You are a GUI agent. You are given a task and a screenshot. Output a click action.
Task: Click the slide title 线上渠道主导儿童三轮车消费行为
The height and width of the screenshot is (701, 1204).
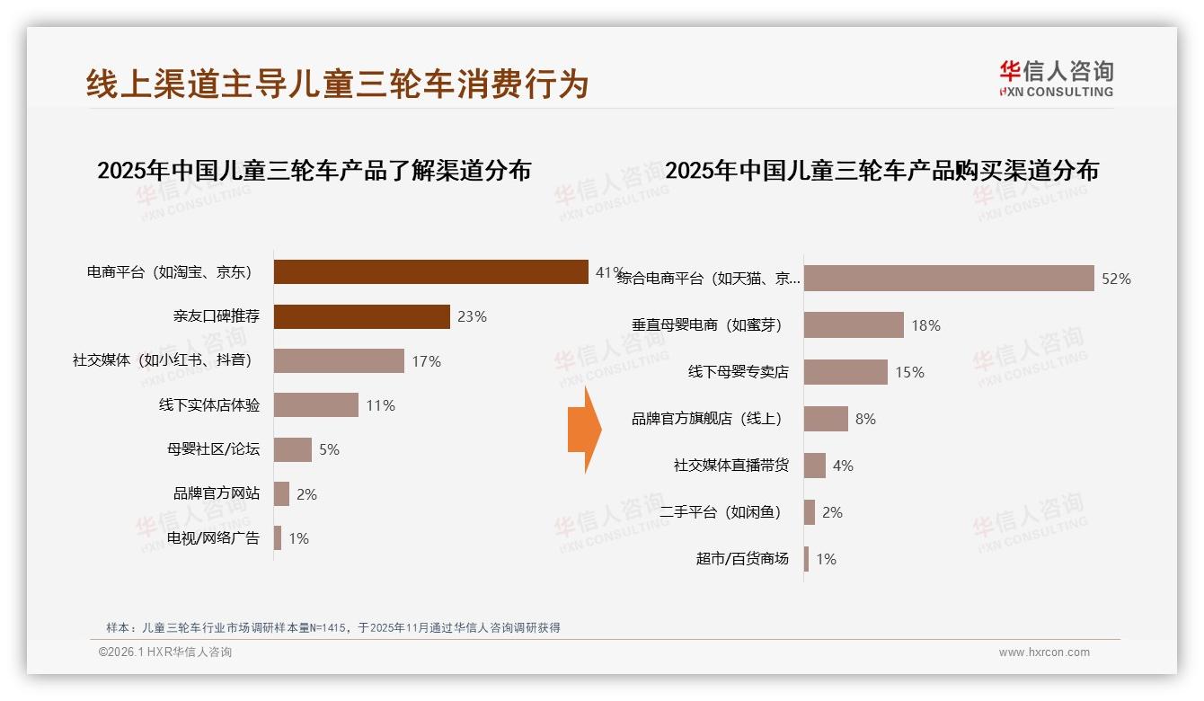[x=338, y=84]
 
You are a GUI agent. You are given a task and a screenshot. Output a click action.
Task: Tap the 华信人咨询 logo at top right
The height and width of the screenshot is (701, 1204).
[x=1056, y=78]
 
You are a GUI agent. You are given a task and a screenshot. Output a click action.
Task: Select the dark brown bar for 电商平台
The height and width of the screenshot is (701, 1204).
[x=430, y=271]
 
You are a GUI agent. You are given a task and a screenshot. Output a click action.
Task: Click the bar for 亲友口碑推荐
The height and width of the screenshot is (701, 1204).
[x=361, y=316]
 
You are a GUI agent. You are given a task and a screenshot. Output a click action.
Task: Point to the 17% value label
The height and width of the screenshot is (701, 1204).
[x=427, y=361]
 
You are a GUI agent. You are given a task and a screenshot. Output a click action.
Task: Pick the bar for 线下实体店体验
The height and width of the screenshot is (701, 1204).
[x=315, y=405]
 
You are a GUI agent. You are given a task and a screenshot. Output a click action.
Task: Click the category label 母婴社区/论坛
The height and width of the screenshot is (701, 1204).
[x=213, y=449]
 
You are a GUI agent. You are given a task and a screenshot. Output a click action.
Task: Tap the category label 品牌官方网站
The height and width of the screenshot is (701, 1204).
[x=217, y=493]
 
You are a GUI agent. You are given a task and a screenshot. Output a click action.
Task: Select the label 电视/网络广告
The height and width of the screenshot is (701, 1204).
[x=213, y=538]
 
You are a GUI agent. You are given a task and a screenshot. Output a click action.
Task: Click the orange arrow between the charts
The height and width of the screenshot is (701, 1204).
[x=584, y=430]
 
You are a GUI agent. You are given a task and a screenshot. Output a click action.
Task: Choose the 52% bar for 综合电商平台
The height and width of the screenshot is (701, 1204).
[x=948, y=279]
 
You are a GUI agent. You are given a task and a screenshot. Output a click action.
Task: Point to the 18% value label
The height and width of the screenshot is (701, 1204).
[x=925, y=325]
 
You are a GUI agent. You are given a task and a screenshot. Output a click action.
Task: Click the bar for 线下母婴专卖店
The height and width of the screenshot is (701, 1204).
[x=845, y=372]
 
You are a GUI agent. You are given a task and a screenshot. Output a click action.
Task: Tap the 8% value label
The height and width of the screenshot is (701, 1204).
[x=865, y=419]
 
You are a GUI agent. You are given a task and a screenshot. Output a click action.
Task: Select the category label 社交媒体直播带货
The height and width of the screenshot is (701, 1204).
[x=731, y=466]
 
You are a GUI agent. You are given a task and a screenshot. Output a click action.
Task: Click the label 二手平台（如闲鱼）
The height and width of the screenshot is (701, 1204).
[x=721, y=512]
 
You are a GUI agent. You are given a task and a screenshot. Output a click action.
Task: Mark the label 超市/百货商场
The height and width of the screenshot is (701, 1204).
[x=742, y=559]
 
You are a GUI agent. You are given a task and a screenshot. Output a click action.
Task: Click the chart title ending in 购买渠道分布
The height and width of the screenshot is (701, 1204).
[x=881, y=171]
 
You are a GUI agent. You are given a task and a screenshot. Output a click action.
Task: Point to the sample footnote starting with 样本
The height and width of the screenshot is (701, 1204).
[x=333, y=627]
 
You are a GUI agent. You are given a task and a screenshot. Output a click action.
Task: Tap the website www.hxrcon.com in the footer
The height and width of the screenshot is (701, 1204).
[x=1043, y=652]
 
